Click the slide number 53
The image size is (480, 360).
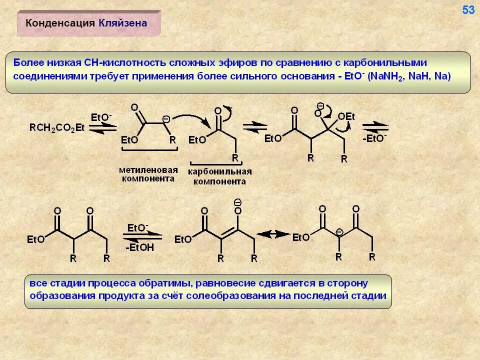click(x=468, y=10)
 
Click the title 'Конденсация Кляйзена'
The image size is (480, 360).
click(x=86, y=23)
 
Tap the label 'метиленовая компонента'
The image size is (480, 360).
click(x=148, y=174)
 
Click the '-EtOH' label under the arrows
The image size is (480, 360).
click(x=140, y=247)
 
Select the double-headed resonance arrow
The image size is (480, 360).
click(x=273, y=234)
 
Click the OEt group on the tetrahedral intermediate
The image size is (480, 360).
click(x=346, y=116)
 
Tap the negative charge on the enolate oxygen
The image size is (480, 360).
click(x=237, y=201)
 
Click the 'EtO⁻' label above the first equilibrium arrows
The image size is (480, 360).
click(x=101, y=117)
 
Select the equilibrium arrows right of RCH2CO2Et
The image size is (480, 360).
click(x=101, y=127)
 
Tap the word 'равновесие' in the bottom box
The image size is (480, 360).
click(x=226, y=283)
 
